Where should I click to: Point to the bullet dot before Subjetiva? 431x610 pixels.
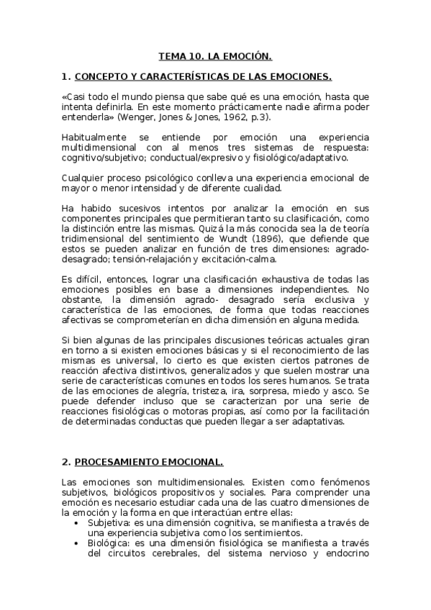click(x=77, y=523)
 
